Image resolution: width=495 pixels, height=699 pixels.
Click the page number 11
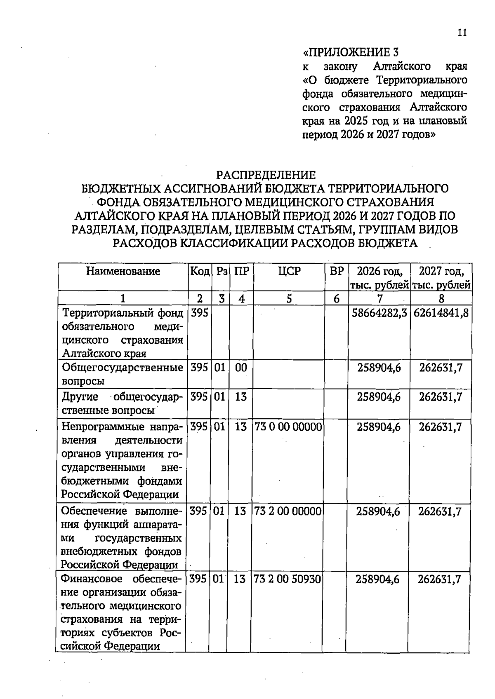point(462,33)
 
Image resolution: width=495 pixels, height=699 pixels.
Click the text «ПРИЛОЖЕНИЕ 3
point(351,52)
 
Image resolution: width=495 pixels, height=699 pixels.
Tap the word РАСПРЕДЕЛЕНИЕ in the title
point(266,175)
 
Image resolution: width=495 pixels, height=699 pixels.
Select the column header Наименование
point(123,271)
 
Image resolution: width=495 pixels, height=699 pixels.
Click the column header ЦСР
point(289,271)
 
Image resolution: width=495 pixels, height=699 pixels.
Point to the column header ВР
point(337,271)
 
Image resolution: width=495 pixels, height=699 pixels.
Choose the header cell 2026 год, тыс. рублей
point(379,278)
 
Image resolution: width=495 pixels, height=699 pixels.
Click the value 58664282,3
point(379,313)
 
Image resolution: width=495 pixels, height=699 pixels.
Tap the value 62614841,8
point(441,313)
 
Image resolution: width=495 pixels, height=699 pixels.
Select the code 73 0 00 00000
point(288,427)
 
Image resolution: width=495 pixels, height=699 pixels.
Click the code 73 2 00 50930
point(287,579)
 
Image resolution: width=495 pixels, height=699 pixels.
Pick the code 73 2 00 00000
point(288,511)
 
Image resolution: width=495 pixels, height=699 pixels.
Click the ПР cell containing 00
point(241,367)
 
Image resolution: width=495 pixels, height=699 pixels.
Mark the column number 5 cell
point(289,298)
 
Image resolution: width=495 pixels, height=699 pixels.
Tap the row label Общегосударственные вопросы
point(122,374)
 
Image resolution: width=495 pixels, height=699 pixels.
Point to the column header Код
point(200,271)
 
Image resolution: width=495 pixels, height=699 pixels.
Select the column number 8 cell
point(441,298)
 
